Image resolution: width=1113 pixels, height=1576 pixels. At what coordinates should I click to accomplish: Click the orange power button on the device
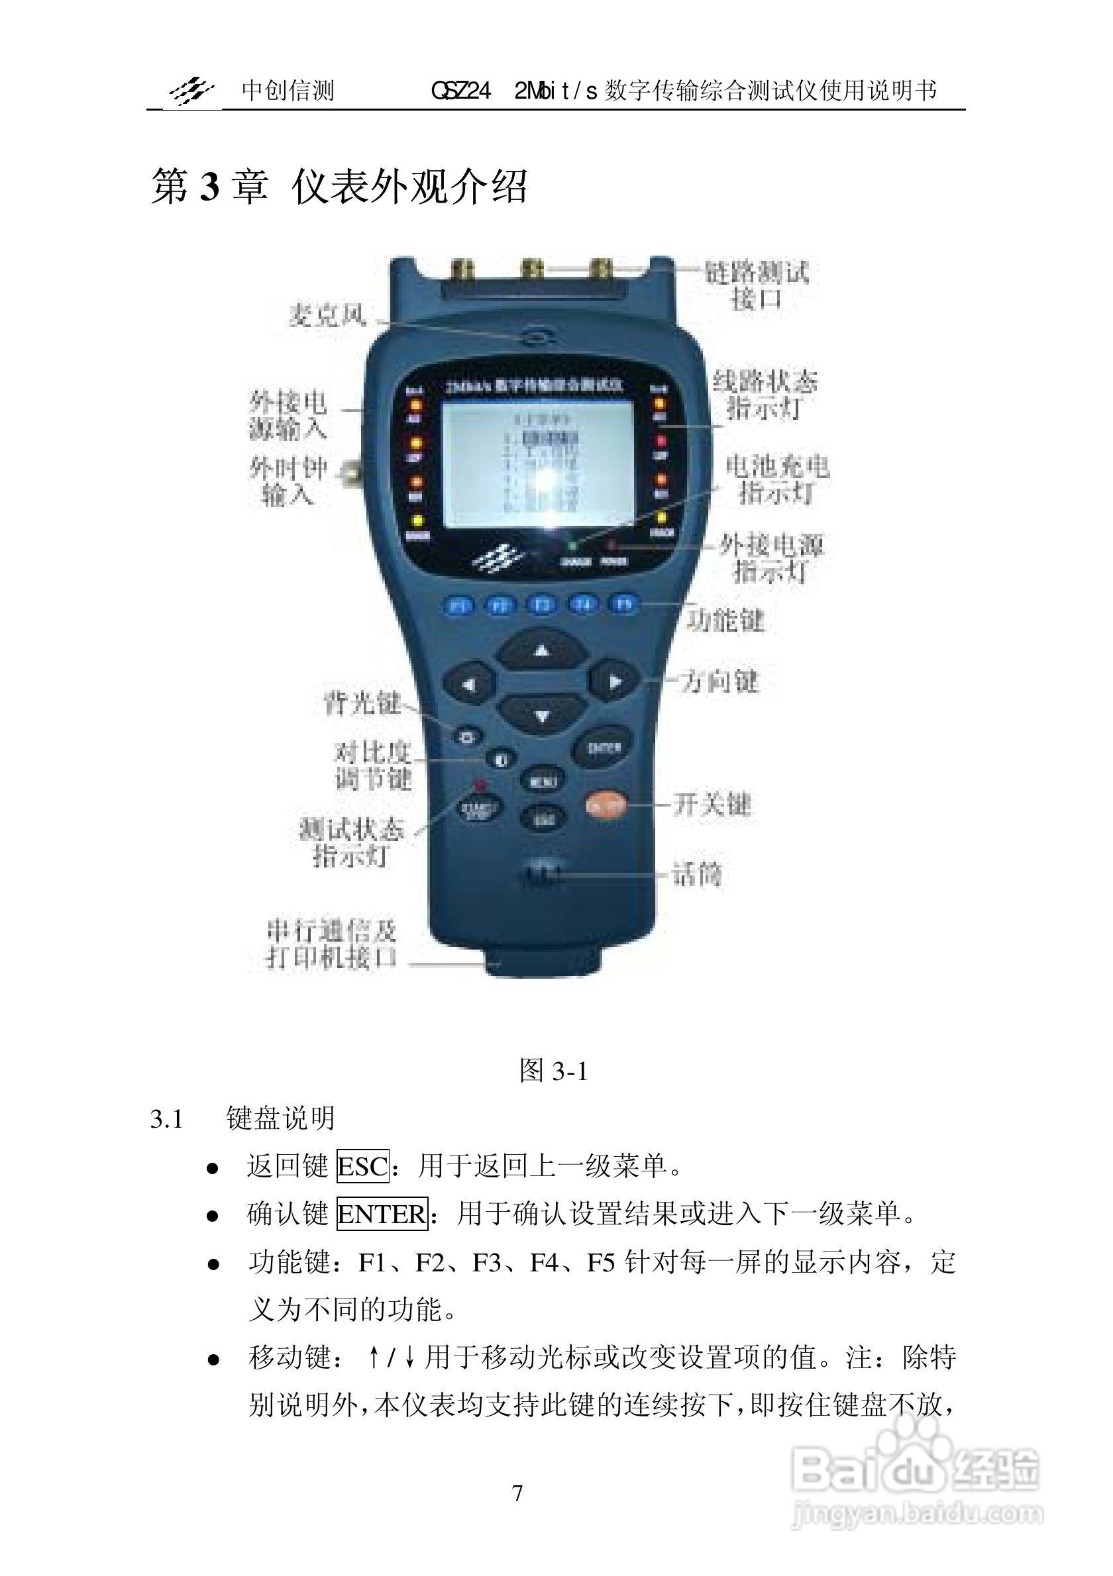pos(606,804)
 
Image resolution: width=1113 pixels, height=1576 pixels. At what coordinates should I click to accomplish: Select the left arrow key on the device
pos(469,683)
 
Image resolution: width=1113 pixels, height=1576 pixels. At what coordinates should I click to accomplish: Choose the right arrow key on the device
pos(614,681)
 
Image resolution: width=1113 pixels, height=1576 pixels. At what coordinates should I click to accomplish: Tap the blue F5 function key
pos(623,604)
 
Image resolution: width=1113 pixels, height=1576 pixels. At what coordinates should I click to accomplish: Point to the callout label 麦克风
pos(327,316)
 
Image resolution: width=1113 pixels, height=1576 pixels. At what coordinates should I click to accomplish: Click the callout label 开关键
pos(712,804)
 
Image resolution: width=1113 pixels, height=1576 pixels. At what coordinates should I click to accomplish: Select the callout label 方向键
pos(719,681)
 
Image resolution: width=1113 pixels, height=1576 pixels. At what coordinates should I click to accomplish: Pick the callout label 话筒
pos(696,875)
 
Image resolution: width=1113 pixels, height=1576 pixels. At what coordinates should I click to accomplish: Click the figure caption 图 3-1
pos(553,1070)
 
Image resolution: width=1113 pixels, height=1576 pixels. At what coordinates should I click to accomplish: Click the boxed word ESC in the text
pos(362,1166)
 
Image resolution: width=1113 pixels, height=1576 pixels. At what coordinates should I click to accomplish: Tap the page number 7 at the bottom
pos(517,1493)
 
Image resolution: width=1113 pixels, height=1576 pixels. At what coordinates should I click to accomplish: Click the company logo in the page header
pos(191,91)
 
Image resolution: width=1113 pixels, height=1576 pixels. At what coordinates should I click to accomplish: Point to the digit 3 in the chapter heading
pos(209,187)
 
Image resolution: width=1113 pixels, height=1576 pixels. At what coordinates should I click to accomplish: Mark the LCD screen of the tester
pos(537,464)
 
